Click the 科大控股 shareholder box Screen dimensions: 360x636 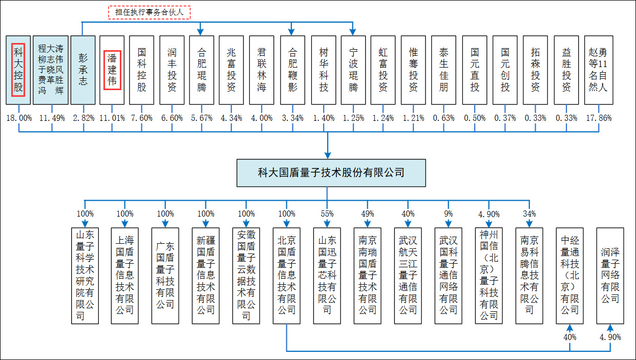click(x=19, y=70)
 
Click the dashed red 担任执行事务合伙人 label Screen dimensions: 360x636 click(x=149, y=12)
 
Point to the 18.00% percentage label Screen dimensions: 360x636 click(x=19, y=118)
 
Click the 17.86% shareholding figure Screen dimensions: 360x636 click(x=597, y=118)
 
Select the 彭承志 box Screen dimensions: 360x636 click(x=83, y=70)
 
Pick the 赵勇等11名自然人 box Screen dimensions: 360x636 click(x=597, y=70)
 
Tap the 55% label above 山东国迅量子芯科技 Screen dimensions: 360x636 click(x=327, y=214)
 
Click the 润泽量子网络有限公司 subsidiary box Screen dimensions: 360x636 click(x=610, y=276)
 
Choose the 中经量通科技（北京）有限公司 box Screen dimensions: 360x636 click(x=569, y=276)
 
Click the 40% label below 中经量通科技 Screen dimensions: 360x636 click(x=569, y=337)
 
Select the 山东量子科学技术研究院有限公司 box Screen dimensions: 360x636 click(x=84, y=276)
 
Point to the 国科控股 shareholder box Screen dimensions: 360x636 click(x=142, y=70)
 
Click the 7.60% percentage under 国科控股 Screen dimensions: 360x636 click(x=142, y=118)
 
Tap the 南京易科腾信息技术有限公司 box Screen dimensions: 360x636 click(x=529, y=276)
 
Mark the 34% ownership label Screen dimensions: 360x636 click(x=529, y=214)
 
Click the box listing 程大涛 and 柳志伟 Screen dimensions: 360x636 click(x=51, y=70)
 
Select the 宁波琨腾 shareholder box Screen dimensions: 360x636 click(x=353, y=70)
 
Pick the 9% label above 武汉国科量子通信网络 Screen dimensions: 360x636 click(x=449, y=214)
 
